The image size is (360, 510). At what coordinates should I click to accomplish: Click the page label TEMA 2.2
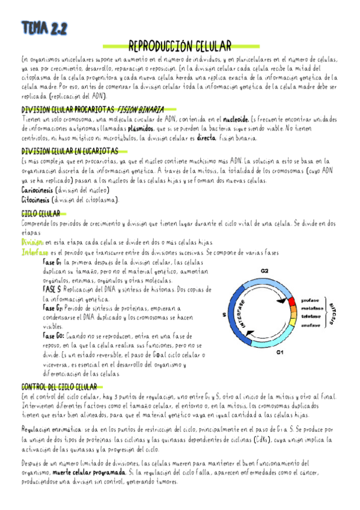point(44,28)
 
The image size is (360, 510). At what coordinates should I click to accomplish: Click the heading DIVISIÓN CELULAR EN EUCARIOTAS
point(69,152)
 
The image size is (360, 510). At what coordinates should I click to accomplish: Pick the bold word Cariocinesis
point(35,189)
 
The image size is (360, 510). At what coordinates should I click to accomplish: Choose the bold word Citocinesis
point(35,199)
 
